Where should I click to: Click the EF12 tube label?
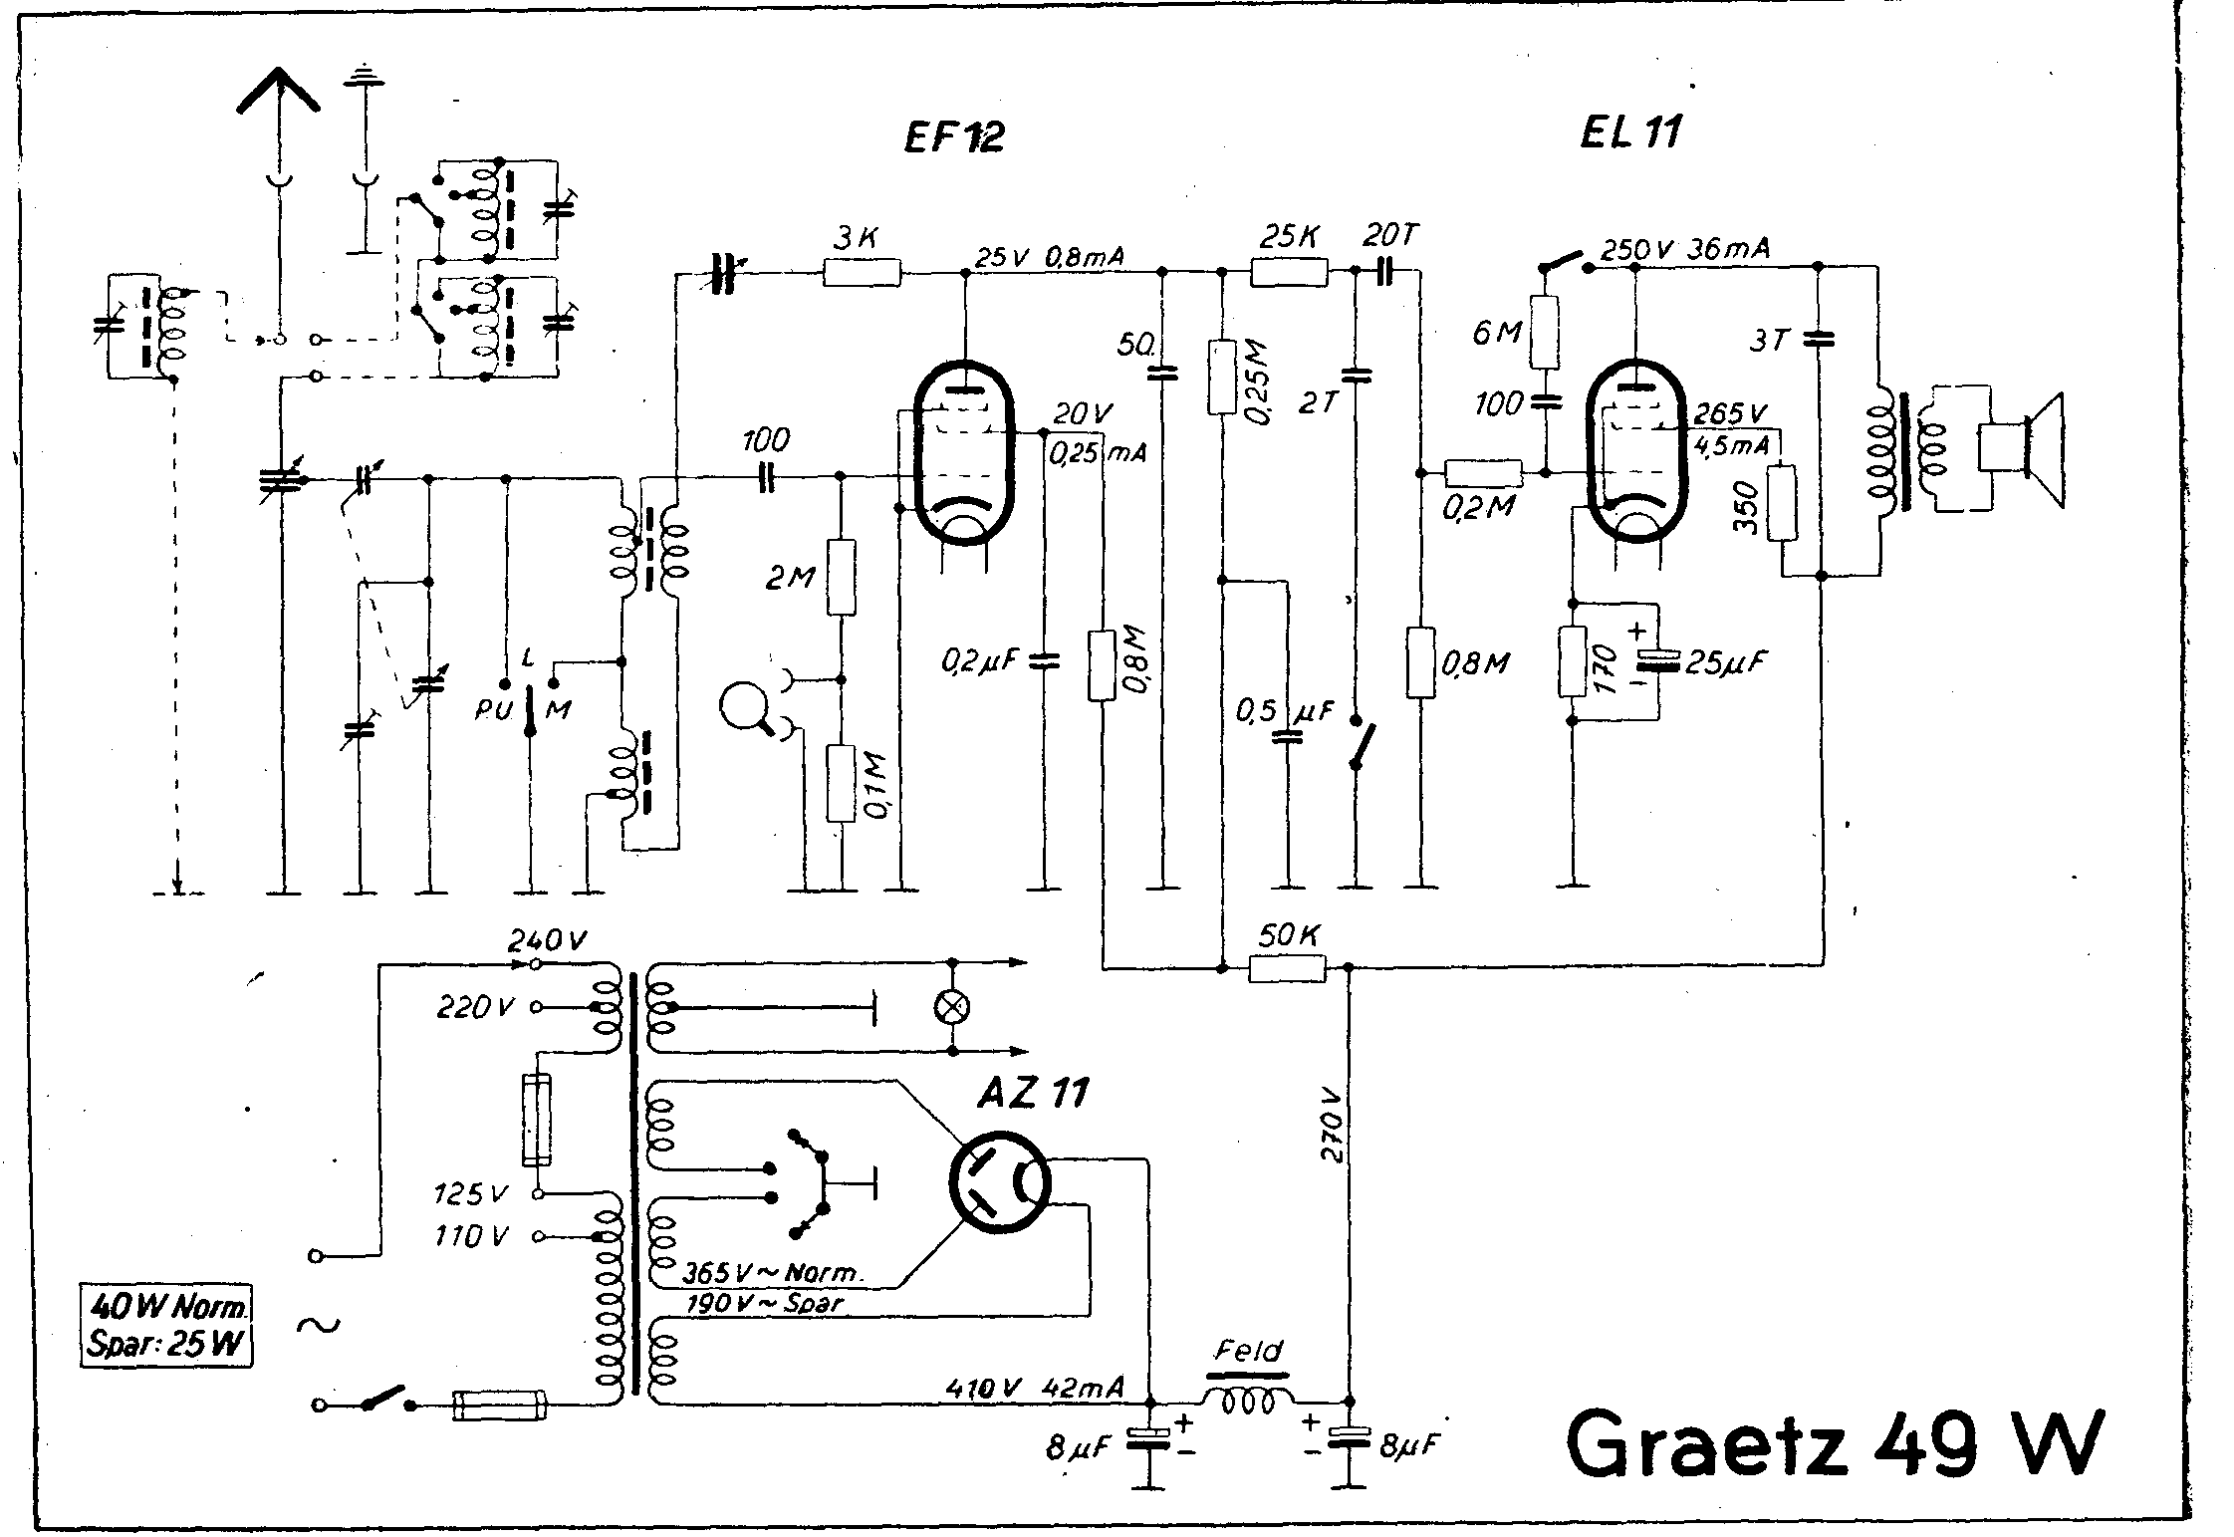(953, 136)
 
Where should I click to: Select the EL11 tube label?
(1630, 133)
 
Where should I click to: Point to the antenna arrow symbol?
(279, 95)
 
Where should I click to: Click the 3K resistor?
(862, 272)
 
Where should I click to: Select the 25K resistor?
(1289, 271)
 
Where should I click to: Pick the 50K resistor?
(1287, 967)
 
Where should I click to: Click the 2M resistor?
(842, 577)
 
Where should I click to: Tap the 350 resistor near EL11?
(1783, 503)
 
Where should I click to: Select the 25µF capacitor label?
(1725, 661)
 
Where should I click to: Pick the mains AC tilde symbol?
(318, 1324)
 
